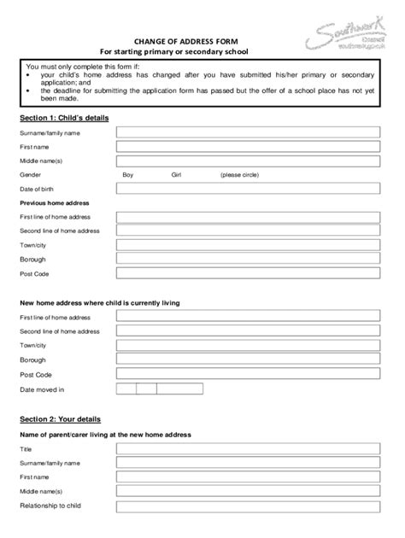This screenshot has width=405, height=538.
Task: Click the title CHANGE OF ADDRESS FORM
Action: [x=179, y=40]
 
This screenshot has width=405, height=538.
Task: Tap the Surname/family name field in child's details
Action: [x=248, y=132]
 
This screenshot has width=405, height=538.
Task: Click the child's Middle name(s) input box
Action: [x=248, y=160]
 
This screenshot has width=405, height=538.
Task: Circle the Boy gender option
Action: [x=128, y=174]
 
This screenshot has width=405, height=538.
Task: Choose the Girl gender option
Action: [x=177, y=174]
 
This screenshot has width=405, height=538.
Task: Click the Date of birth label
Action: [x=38, y=188]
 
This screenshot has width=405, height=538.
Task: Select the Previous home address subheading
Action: [x=54, y=203]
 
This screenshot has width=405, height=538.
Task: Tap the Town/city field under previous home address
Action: [x=248, y=245]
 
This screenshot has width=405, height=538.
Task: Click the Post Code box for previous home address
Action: [x=248, y=273]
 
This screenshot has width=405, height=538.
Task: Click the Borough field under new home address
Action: [x=248, y=360]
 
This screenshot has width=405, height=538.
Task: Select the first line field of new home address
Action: [x=248, y=316]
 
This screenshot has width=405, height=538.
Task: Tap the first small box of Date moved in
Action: [x=126, y=389]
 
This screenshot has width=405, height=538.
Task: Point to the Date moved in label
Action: [x=42, y=389]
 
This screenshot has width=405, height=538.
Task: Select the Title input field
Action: [x=248, y=448]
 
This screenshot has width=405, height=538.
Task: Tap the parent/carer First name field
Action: [x=248, y=477]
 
